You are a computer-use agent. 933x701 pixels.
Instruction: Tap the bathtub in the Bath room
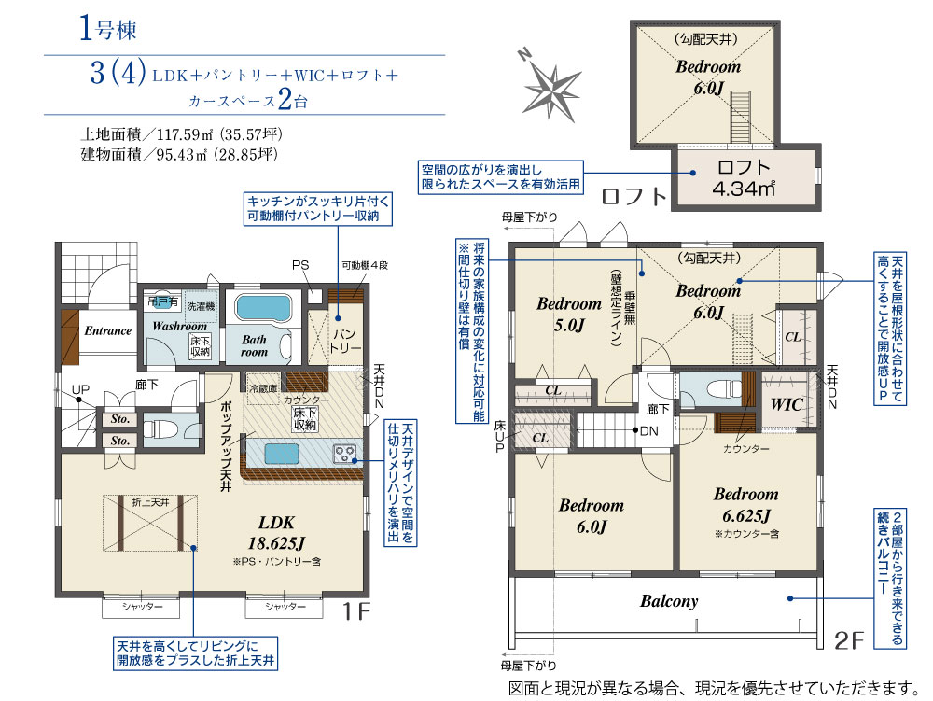coord(264,307)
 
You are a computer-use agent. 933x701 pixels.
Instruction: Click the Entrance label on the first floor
coord(108,330)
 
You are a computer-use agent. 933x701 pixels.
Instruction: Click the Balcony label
coord(668,601)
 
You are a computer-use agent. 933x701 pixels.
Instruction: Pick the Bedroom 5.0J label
coord(568,314)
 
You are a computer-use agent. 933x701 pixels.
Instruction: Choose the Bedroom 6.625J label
coord(745,505)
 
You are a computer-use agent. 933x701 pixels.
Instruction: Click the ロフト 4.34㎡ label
coord(743,177)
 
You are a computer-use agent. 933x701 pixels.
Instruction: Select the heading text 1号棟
coord(107,29)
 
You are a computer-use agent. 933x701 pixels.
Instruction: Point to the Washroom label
coord(179,327)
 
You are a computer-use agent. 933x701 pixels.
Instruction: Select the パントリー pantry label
coord(346,340)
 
